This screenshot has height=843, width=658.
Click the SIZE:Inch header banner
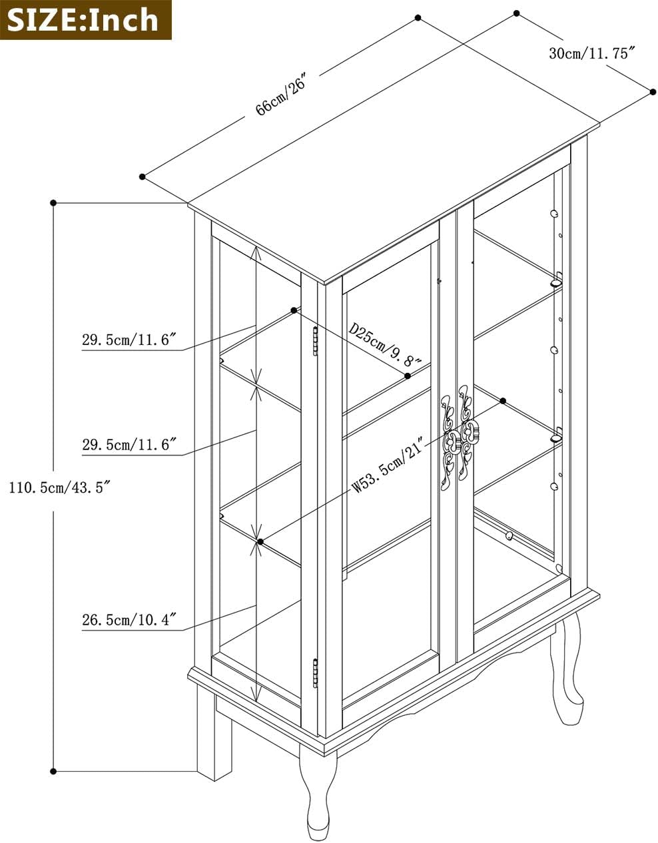point(86,19)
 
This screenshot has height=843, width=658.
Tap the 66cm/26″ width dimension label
point(282,94)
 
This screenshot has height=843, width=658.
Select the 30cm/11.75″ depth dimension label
point(593,53)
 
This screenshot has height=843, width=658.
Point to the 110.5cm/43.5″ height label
point(60,487)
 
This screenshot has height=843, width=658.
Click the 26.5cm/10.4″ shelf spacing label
point(130,619)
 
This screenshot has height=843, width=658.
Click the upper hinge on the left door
point(315,341)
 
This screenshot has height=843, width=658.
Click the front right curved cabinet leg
point(567,670)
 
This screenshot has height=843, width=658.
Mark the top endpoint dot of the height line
point(53,203)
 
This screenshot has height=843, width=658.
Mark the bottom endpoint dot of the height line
point(53,771)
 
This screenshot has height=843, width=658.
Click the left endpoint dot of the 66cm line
point(143,177)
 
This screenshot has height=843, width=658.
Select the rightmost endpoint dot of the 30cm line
point(653,92)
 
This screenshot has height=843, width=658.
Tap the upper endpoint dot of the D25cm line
point(294,310)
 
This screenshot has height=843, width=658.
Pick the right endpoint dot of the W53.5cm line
point(503,401)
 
